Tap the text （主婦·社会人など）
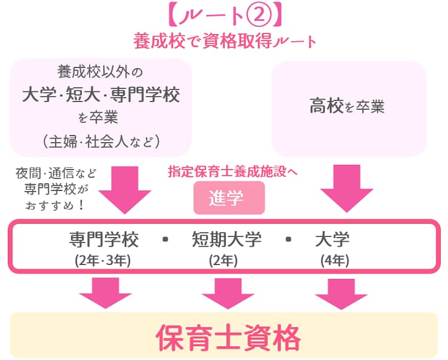[100, 141]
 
